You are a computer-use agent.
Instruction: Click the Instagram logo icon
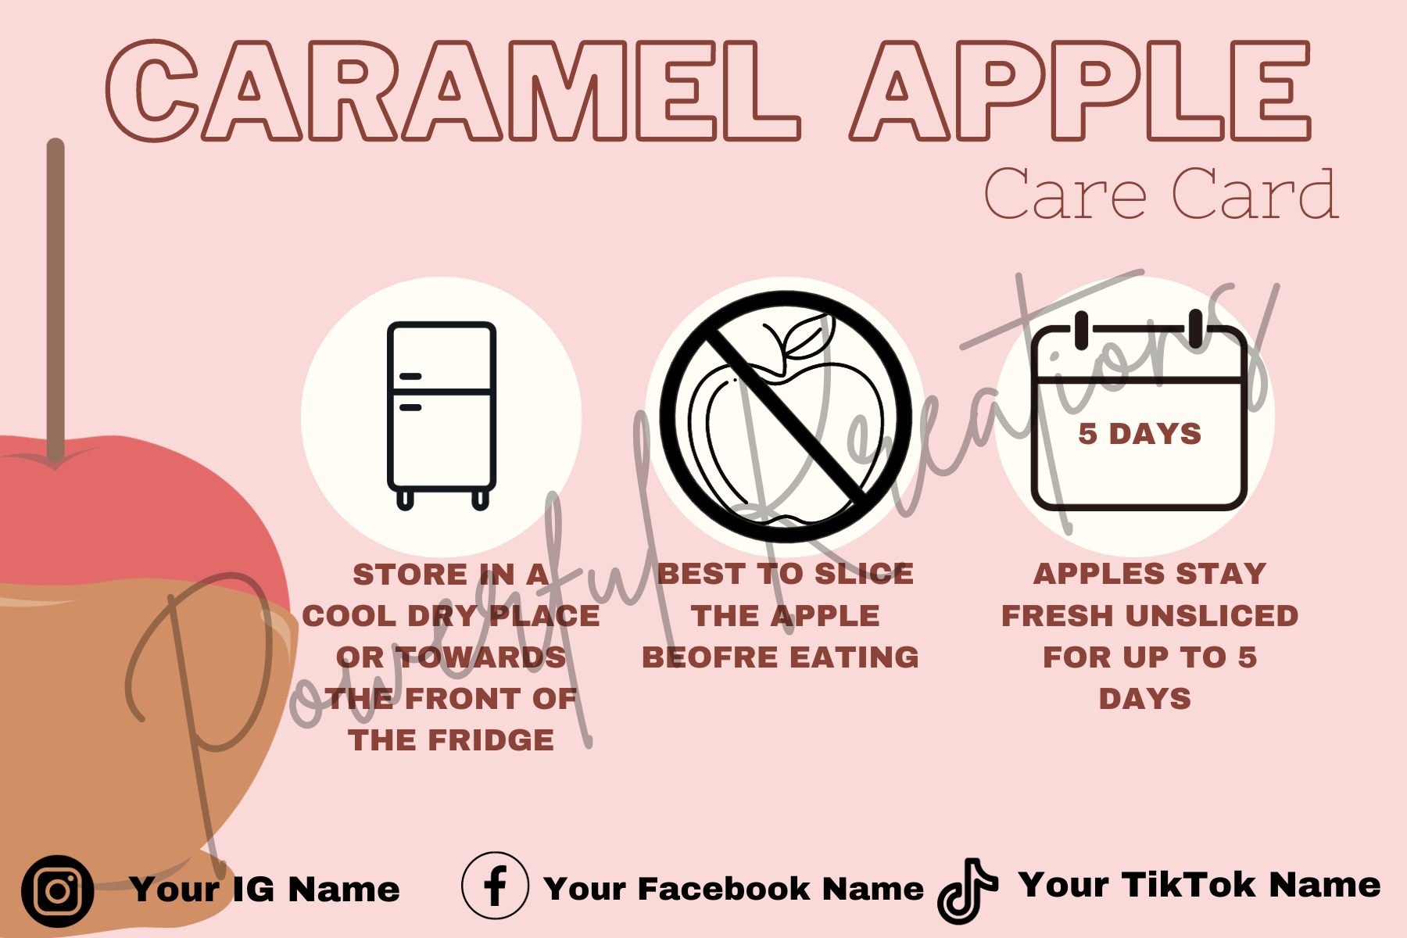point(58,891)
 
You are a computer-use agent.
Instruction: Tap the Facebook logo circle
point(495,886)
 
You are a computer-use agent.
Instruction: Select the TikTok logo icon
point(968,891)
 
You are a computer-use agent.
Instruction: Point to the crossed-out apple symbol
point(786,416)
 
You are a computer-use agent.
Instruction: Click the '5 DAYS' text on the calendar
point(1140,434)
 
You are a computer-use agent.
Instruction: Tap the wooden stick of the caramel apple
point(55,301)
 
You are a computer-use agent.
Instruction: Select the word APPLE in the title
point(1081,91)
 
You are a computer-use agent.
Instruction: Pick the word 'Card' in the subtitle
point(1255,194)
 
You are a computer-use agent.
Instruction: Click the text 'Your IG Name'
point(265,890)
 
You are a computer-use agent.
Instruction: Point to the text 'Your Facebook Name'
point(734,889)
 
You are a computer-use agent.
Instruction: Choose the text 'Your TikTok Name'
point(1200,885)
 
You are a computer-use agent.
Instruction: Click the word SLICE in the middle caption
point(864,575)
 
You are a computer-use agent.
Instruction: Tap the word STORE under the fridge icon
point(410,575)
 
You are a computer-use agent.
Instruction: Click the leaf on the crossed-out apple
point(805,335)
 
